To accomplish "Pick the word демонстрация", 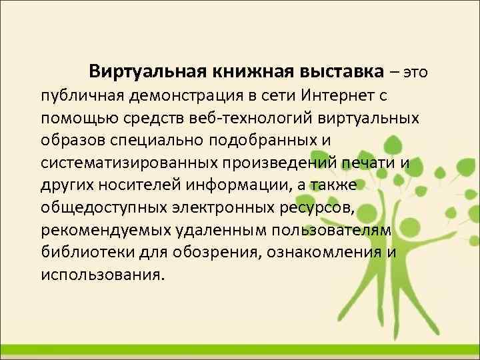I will [x=176, y=95].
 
